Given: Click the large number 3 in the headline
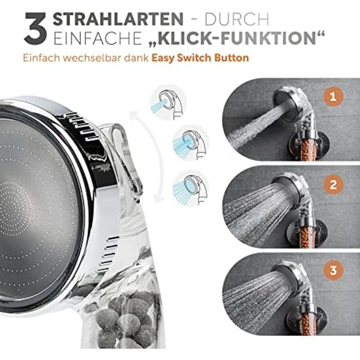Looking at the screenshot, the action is pos(35,28).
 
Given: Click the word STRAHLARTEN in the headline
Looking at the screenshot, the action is pos(118,19).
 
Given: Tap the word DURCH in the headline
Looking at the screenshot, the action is pos(237,20).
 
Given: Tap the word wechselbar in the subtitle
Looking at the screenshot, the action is pos(93,58).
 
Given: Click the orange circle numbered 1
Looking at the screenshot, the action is pos(333,97).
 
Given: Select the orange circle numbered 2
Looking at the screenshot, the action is pos(333,184).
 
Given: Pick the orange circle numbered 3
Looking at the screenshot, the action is pos(333,270).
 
